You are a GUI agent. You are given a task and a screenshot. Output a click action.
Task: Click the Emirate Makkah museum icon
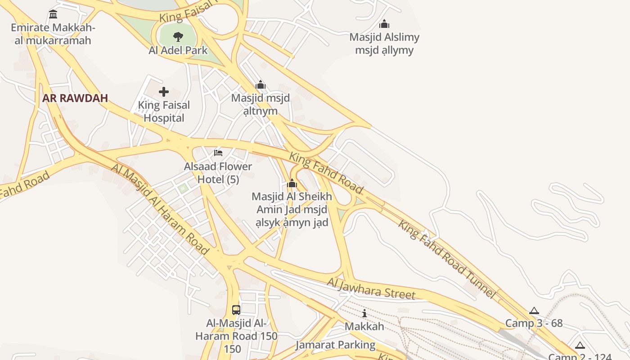[53, 14]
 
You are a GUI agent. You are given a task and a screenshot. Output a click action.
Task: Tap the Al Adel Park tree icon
[178, 37]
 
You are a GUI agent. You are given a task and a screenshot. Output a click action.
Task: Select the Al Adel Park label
[178, 50]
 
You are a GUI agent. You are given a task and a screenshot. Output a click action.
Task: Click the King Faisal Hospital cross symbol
[164, 92]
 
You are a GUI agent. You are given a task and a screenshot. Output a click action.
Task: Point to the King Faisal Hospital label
[164, 112]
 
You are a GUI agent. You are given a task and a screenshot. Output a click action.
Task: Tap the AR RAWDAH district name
[75, 98]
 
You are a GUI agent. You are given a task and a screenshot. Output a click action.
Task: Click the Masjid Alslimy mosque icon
[384, 24]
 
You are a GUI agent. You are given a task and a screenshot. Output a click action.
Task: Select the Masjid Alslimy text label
[384, 44]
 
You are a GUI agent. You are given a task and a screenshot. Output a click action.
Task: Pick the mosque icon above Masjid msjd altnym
[261, 85]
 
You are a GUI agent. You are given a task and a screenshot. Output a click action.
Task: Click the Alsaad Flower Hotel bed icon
[218, 153]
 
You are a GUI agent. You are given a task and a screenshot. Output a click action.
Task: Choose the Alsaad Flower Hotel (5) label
[218, 173]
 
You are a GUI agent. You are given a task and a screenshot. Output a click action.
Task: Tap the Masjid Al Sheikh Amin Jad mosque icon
[292, 183]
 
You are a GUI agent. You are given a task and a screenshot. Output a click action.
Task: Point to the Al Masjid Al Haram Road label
[161, 209]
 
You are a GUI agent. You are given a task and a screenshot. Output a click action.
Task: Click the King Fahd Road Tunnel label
[447, 259]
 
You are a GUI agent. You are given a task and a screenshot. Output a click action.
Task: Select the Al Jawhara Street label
[371, 289]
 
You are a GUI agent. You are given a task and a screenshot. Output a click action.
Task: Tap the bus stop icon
[236, 310]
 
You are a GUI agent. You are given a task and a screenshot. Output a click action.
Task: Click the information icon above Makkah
[364, 313]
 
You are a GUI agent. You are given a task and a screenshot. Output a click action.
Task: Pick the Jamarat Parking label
[335, 345]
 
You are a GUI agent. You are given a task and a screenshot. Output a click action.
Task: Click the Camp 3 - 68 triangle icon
[534, 310]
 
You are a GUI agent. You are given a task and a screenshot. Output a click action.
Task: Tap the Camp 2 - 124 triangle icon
[580, 346]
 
